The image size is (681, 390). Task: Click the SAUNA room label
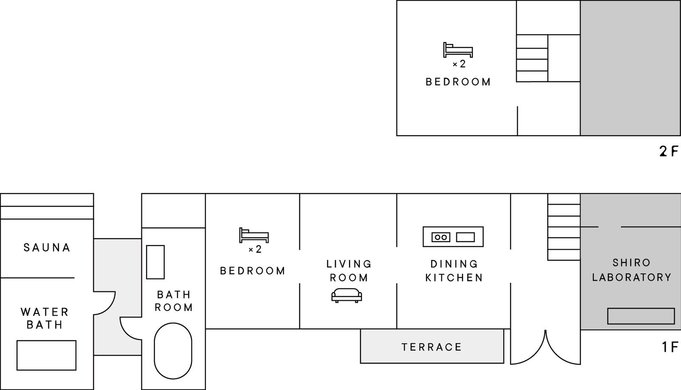click(x=47, y=248)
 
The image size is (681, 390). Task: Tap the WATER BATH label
click(x=45, y=318)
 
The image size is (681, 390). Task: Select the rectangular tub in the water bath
click(x=46, y=355)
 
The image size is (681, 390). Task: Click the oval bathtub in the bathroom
click(x=173, y=351)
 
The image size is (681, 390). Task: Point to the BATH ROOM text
click(x=174, y=301)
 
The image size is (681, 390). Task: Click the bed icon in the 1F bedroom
click(x=254, y=235)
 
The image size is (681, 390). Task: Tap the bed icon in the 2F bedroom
click(x=458, y=50)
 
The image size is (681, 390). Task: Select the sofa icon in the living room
click(x=346, y=295)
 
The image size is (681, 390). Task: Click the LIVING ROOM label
click(x=349, y=270)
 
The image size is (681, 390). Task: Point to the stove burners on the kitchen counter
click(x=441, y=237)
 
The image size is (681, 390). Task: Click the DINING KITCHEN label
click(x=454, y=270)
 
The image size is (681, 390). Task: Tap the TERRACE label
click(x=432, y=347)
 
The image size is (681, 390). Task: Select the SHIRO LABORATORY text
click(x=632, y=270)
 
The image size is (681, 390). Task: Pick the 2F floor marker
click(x=669, y=151)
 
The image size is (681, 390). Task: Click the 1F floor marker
click(x=670, y=347)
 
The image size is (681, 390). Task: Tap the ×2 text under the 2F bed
click(x=459, y=64)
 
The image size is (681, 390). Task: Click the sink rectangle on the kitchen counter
click(x=465, y=237)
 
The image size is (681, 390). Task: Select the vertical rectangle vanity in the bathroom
click(x=155, y=262)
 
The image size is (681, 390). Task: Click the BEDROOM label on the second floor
click(x=458, y=82)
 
